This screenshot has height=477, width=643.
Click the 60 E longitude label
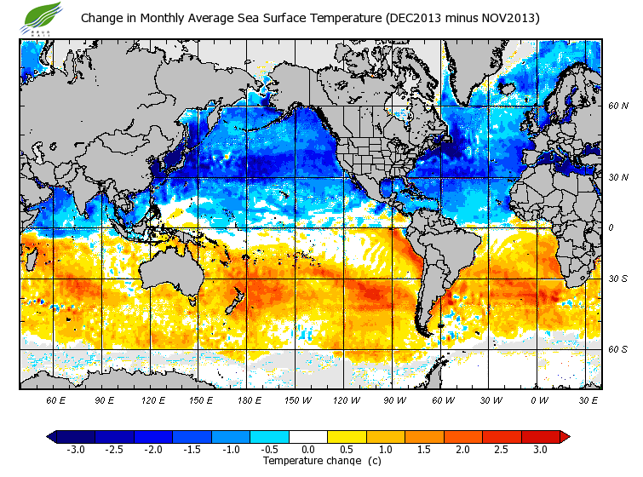pyautogui.click(x=55, y=399)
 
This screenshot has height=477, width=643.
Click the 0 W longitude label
pyautogui.click(x=537, y=399)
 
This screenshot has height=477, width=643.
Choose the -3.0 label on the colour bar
pyautogui.click(x=76, y=449)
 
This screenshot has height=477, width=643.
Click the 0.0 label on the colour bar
pyautogui.click(x=308, y=449)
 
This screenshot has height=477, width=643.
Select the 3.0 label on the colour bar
pyautogui.click(x=541, y=449)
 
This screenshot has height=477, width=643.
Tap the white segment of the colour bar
pyautogui.click(x=308, y=436)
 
